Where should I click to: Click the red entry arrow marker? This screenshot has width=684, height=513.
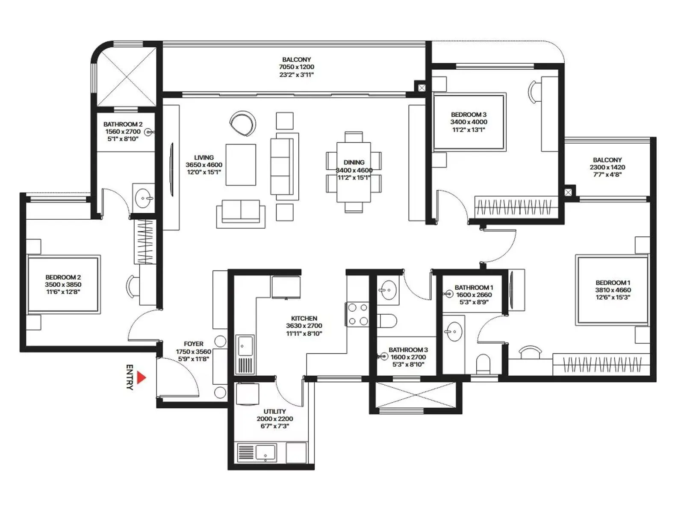pos(142,377)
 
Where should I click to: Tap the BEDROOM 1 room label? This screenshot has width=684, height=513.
pos(613,283)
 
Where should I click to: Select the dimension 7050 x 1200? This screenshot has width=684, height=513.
pos(296,67)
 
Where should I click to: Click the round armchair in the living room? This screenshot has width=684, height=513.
pos(242,123)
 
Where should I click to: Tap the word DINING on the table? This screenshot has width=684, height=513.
pos(354,162)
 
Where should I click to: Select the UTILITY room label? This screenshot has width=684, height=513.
pos(274,411)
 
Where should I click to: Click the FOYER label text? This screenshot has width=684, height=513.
pos(193,344)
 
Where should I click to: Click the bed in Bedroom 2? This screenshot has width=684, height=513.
pos(63,284)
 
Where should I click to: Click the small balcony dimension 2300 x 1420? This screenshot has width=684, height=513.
pos(607,167)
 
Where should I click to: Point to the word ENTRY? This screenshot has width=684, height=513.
pos(130,377)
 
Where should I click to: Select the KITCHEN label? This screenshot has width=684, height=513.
pos(304,318)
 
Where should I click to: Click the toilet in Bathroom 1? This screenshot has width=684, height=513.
pos(484,364)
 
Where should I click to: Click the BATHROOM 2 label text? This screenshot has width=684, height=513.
pos(123,124)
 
